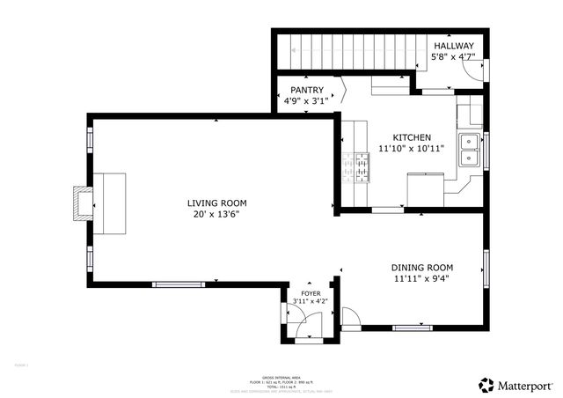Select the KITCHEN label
coord(411,137)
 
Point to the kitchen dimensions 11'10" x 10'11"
coord(411,149)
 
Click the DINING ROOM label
coord(422,268)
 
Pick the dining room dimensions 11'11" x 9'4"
coord(422,279)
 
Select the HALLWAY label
coord(452,46)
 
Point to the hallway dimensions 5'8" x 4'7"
coord(452,57)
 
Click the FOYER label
coord(311,293)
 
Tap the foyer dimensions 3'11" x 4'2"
coord(311,302)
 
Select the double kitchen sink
coord(469,150)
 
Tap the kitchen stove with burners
coord(361,166)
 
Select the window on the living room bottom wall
coord(180,284)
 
